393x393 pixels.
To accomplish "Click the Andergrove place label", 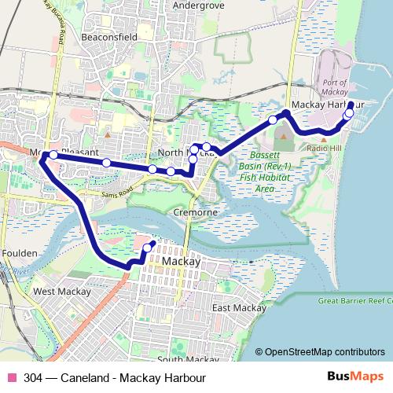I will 192,6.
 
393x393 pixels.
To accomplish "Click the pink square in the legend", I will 11,377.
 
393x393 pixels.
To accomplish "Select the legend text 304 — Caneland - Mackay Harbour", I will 114,377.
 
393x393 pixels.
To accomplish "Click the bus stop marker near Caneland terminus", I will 147,248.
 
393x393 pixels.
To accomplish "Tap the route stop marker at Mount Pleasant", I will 53,155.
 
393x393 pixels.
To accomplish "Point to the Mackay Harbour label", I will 329,105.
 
